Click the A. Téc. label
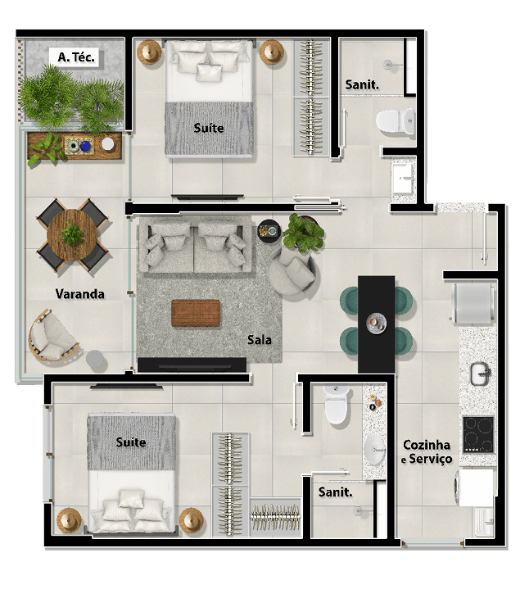76,57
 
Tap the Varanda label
79,294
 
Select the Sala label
259,340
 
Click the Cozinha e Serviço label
427,451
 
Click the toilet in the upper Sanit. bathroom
396,121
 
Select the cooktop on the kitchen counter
478,434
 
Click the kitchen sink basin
480,374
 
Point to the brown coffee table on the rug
196,313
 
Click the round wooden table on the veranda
72,235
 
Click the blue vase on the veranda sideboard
86,146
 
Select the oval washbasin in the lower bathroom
374,449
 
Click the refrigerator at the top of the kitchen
474,304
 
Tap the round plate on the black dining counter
376,323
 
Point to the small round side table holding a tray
269,230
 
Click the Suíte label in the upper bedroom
209,128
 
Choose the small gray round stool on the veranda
95,359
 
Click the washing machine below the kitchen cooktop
475,487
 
